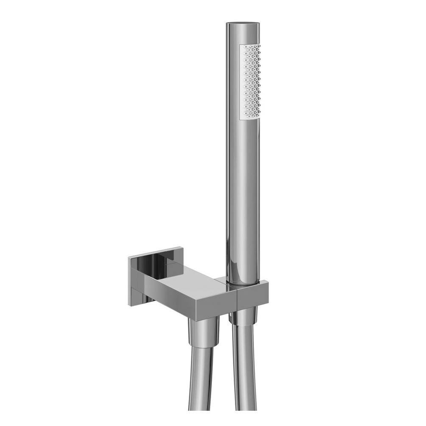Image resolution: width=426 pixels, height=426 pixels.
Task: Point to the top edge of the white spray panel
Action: click(x=251, y=45)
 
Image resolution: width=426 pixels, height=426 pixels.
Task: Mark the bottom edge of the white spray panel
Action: click(x=250, y=118)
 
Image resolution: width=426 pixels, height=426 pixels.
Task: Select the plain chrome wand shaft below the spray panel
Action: click(x=243, y=191)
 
